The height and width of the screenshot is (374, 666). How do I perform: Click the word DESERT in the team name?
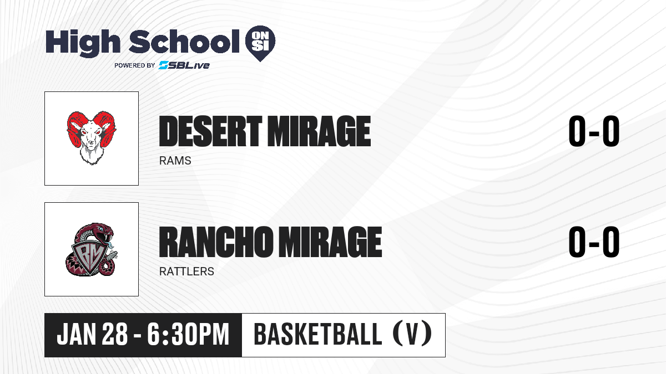[210, 131]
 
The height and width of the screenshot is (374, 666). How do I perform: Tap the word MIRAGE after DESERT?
[319, 131]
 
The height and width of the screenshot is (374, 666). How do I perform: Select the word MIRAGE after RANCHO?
[330, 242]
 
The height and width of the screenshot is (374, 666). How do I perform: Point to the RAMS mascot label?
[175, 161]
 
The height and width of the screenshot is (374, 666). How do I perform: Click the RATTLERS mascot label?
[186, 271]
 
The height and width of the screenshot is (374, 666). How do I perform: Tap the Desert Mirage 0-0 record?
[594, 131]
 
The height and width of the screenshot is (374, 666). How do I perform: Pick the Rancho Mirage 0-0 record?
[594, 242]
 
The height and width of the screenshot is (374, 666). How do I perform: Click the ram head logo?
[91, 138]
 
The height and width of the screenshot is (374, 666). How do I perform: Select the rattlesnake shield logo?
[91, 249]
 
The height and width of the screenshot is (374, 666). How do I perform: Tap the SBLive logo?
[184, 65]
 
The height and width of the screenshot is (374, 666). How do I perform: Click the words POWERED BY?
[135, 65]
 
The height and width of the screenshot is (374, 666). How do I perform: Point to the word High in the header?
[83, 42]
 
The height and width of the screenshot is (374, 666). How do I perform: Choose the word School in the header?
[184, 42]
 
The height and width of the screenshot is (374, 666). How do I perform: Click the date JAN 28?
[92, 335]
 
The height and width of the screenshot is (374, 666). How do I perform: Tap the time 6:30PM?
[188, 335]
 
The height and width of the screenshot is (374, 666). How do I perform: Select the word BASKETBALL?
[317, 334]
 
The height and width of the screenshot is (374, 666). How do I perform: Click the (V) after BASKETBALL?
[412, 334]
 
